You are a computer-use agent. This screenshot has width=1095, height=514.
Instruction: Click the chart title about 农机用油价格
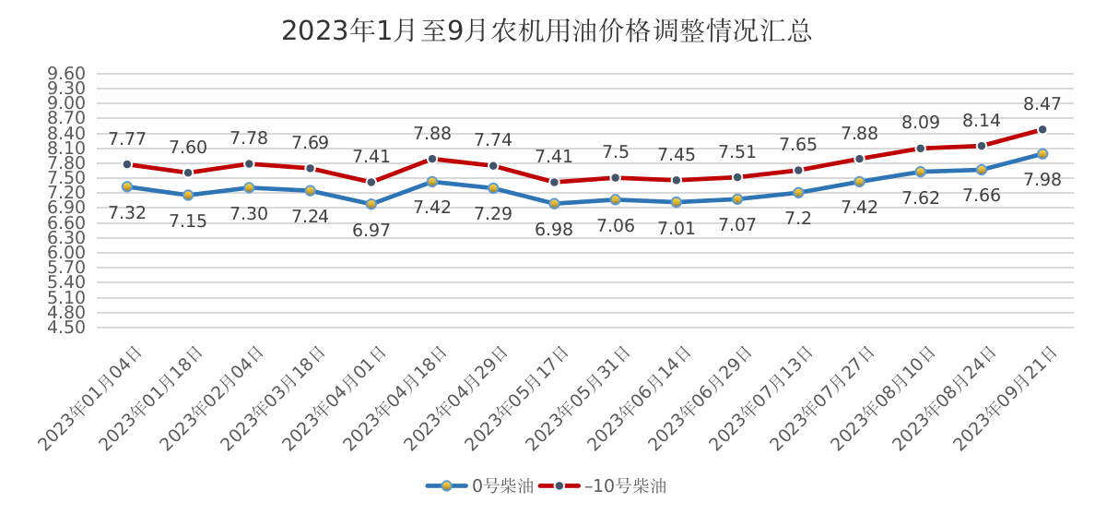pyautogui.click(x=547, y=31)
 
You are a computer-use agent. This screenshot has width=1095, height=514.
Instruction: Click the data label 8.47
pyautogui.click(x=1042, y=104)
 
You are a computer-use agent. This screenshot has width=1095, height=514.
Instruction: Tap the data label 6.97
pyautogui.click(x=371, y=230)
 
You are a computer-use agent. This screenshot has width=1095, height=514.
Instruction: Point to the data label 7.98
pyautogui.click(x=1042, y=180)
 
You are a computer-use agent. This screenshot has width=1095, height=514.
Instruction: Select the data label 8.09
pyautogui.click(x=921, y=122)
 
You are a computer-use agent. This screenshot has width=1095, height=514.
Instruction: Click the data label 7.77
pyautogui.click(x=127, y=139)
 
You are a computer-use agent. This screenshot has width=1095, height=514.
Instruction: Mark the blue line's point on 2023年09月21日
pyautogui.click(x=1042, y=154)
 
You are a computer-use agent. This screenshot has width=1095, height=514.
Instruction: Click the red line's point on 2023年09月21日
pyautogui.click(x=1042, y=130)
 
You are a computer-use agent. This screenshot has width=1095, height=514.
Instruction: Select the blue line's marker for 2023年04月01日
pyautogui.click(x=371, y=204)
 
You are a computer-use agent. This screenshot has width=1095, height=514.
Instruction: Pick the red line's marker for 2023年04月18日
pyautogui.click(x=431, y=159)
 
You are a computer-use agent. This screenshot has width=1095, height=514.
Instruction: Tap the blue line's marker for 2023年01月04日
pyautogui.click(x=126, y=186)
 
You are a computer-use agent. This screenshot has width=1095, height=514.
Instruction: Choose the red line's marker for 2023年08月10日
pyautogui.click(x=920, y=149)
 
